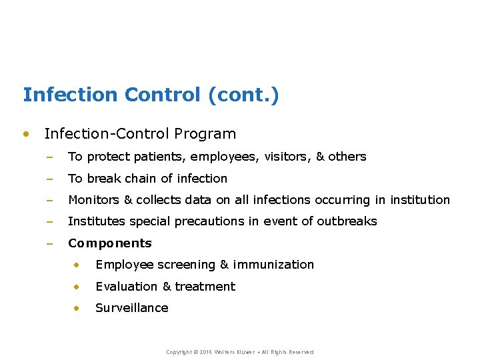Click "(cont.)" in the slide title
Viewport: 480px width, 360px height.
[x=243, y=95]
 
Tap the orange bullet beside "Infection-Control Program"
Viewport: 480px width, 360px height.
[x=26, y=133]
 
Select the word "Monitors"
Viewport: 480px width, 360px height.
[x=93, y=200]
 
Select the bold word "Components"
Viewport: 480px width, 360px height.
[x=110, y=243]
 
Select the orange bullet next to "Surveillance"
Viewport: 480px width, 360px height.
[x=77, y=308]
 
